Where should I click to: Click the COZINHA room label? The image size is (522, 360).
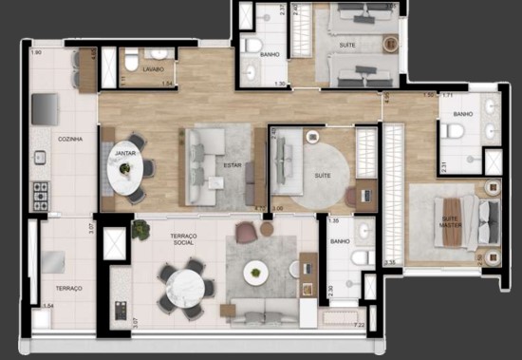pos(70,140)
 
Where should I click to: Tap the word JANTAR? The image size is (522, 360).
pos(124,152)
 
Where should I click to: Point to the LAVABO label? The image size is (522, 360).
pos(154,69)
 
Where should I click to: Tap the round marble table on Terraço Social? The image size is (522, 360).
pos(180,285)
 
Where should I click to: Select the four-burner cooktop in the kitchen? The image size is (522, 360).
pos(41,196)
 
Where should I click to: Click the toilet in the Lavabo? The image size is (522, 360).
pos(155,55)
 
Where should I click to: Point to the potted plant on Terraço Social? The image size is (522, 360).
pos(141,229)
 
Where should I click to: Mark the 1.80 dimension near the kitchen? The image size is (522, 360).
pos(36,53)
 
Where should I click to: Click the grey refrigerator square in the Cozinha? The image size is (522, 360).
pos(45,110)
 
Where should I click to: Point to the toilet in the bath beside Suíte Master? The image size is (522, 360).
pos(454,130)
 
